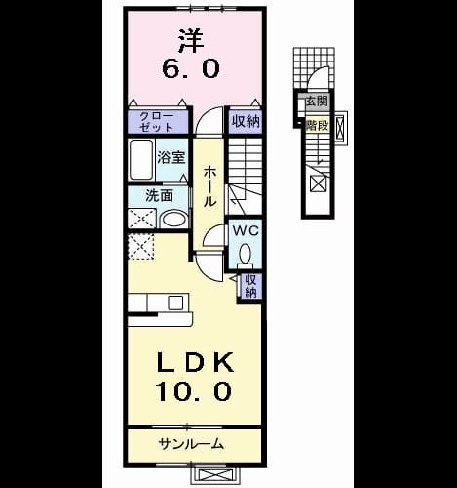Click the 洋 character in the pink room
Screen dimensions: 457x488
pyautogui.click(x=192, y=41)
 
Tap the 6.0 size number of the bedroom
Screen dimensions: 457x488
pyautogui.click(x=191, y=69)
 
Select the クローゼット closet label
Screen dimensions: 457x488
pyautogui.click(x=156, y=122)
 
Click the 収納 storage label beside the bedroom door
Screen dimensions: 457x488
pyautogui.click(x=246, y=121)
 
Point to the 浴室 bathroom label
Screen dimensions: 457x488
pyautogui.click(x=171, y=158)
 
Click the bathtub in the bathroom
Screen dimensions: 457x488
pyautogui.click(x=141, y=159)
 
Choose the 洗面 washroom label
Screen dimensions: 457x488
pyautogui.click(x=159, y=196)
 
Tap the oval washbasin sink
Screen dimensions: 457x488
pyautogui.click(x=174, y=219)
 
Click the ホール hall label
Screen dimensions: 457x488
pyautogui.click(x=209, y=186)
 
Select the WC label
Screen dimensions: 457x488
pyautogui.click(x=247, y=231)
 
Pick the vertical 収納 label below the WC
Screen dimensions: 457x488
pyautogui.click(x=250, y=286)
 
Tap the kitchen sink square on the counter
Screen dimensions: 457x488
pyautogui.click(x=175, y=303)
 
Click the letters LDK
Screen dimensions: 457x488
pyautogui.click(x=196, y=362)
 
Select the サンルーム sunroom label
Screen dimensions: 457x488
pyautogui.click(x=191, y=443)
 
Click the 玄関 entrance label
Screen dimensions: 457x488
pyautogui.click(x=317, y=102)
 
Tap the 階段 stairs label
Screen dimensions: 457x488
pyautogui.click(x=317, y=125)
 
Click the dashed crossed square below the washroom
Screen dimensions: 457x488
pyautogui.click(x=140, y=246)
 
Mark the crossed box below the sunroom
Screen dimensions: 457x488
pyautogui.click(x=215, y=475)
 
